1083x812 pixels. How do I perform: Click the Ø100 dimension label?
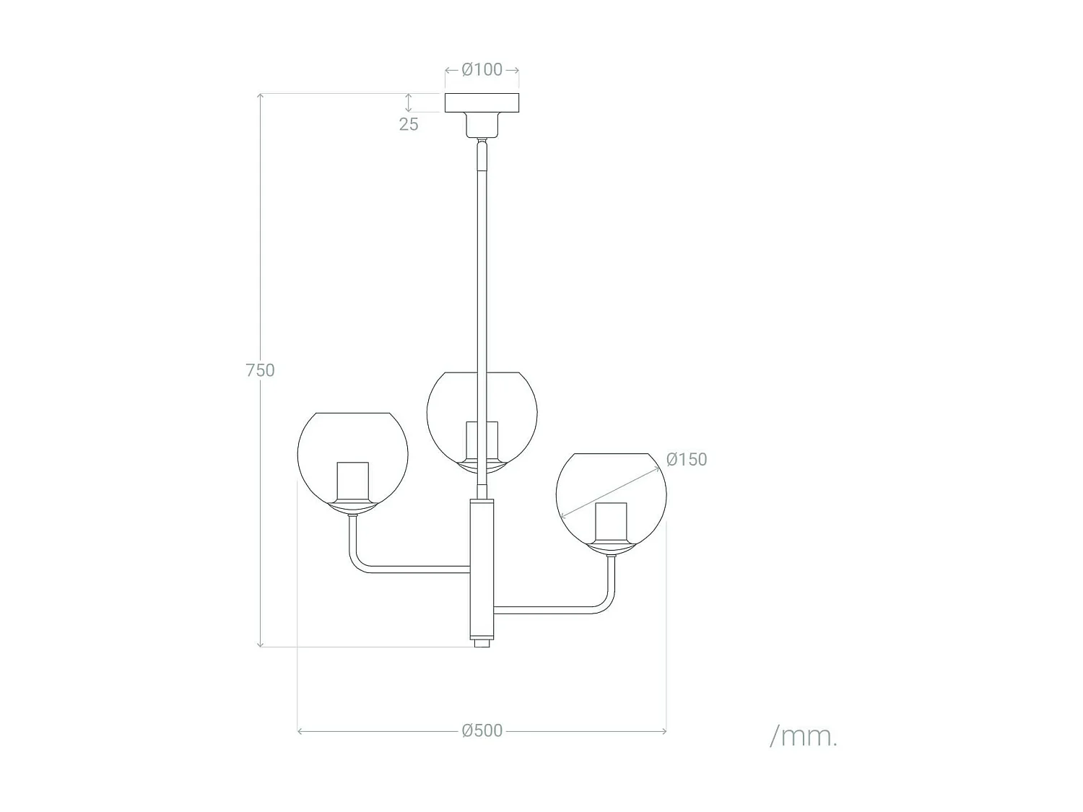pyautogui.click(x=482, y=70)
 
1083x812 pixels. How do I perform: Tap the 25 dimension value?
pyautogui.click(x=409, y=124)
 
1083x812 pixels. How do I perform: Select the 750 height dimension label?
pyautogui.click(x=260, y=370)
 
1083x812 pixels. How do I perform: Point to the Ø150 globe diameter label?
pyautogui.click(x=687, y=460)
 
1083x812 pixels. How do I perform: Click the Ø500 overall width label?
pyautogui.click(x=482, y=730)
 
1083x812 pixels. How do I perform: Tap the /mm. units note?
pyautogui.click(x=804, y=736)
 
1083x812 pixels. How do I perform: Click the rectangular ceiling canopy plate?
pyautogui.click(x=482, y=102)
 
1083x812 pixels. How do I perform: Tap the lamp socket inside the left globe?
pyautogui.click(x=352, y=481)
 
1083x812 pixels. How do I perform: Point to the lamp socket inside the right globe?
pyautogui.click(x=611, y=521)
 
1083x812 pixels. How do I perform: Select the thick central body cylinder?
pyautogui.click(x=482, y=567)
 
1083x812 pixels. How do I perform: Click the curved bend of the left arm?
pyautogui.click(x=357, y=563)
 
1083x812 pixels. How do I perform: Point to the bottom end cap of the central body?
pyautogui.click(x=482, y=642)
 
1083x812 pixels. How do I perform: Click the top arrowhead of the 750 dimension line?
pyautogui.click(x=260, y=96)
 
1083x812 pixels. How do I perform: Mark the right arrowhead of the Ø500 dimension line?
pyautogui.click(x=663, y=731)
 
